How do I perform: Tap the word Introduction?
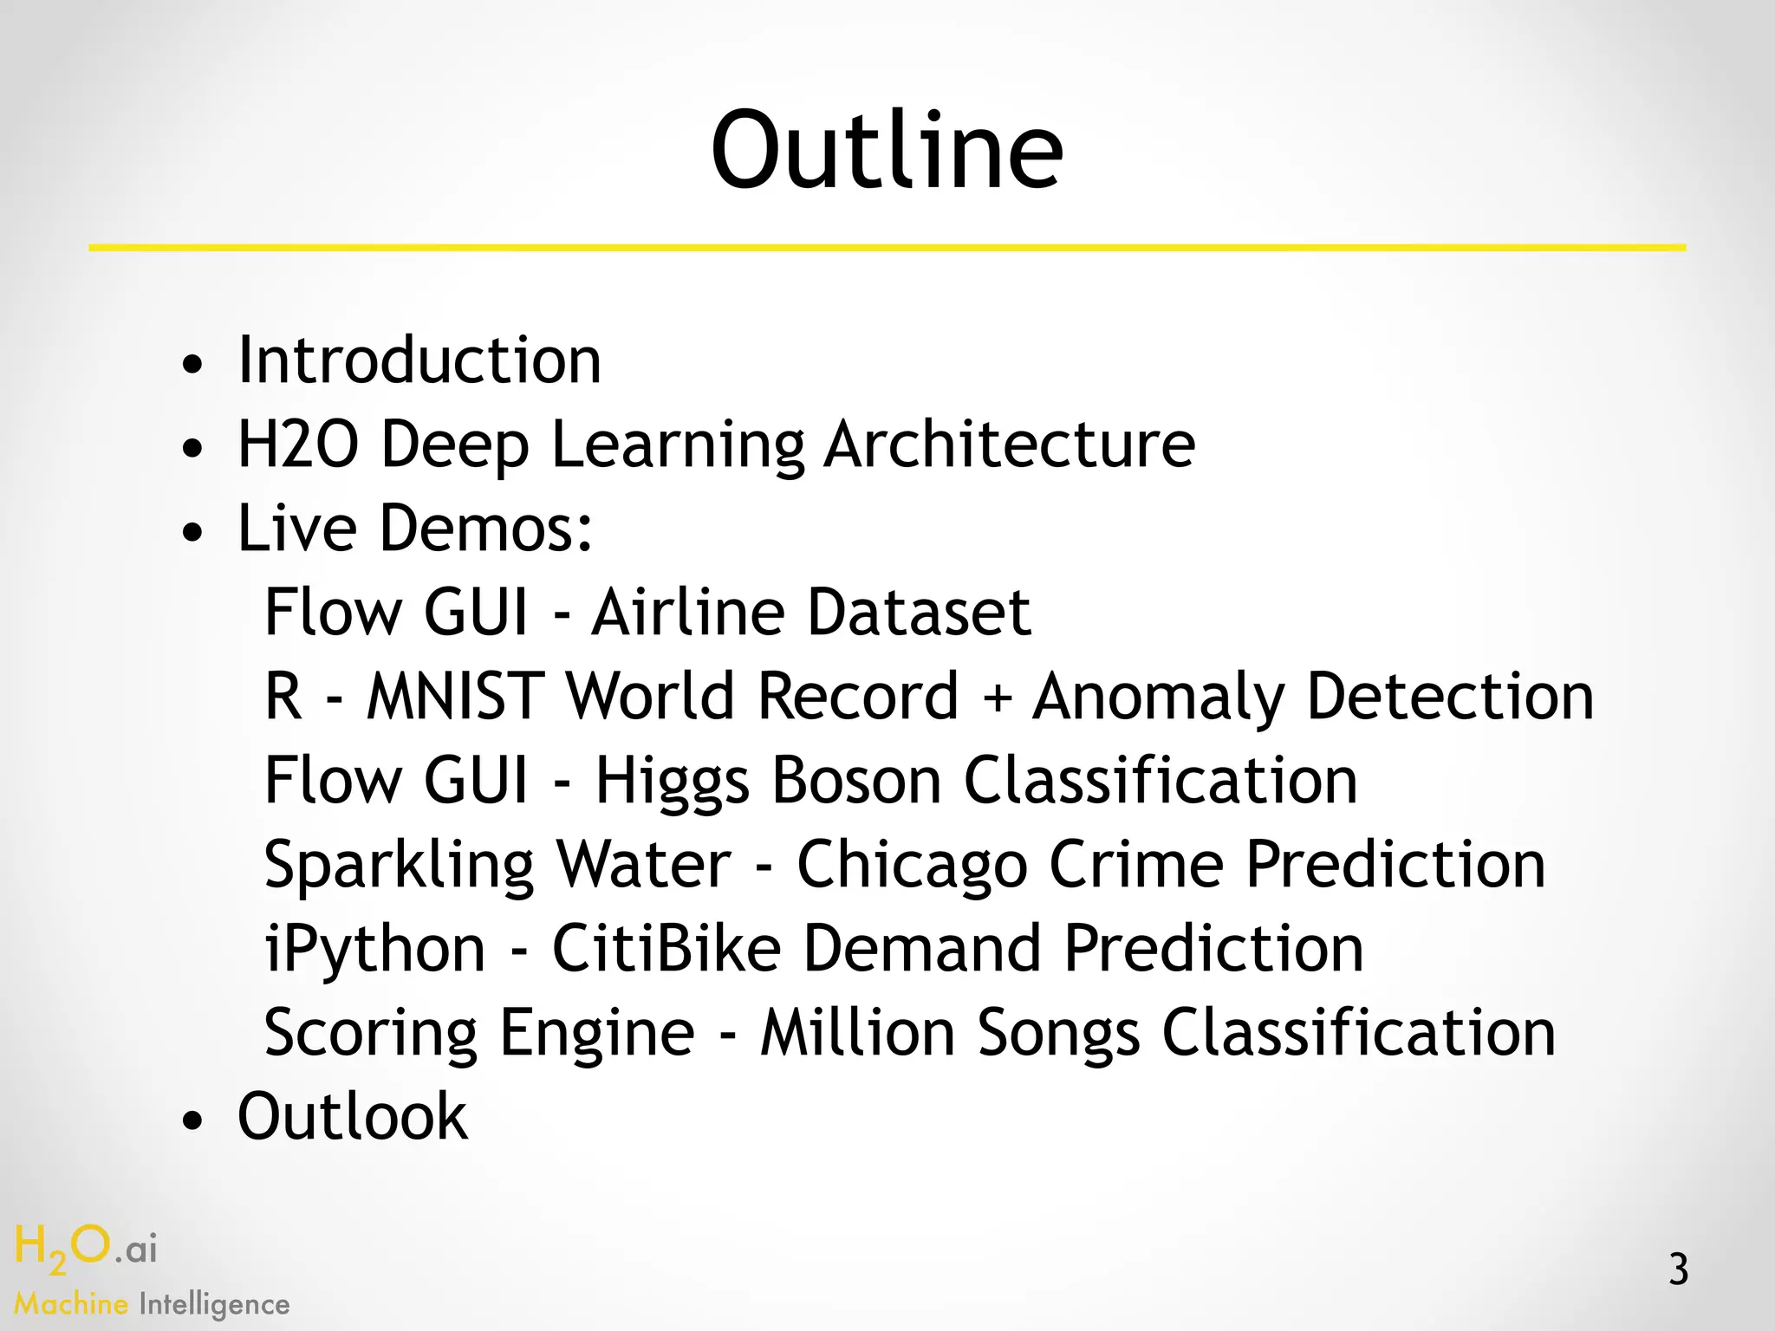(x=419, y=360)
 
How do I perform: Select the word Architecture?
(x=1010, y=445)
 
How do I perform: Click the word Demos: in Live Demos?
(x=486, y=529)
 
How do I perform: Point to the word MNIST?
(x=455, y=697)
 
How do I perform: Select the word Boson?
(x=856, y=781)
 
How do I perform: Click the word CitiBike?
(x=666, y=949)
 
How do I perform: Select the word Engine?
(x=597, y=1034)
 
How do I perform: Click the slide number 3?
(x=1678, y=1270)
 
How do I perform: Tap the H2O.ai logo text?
(x=86, y=1250)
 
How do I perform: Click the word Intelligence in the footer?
(x=214, y=1305)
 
